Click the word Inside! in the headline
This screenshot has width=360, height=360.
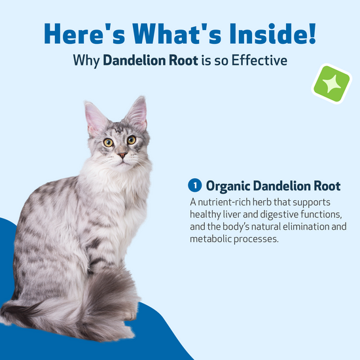tap(273, 33)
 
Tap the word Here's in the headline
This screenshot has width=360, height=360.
tap(84, 33)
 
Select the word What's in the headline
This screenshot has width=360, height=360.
tap(177, 33)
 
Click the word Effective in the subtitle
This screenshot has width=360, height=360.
tap(259, 60)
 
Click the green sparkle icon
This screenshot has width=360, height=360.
tap(332, 84)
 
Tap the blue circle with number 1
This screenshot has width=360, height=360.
tap(194, 185)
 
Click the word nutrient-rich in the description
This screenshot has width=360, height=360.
tap(224, 202)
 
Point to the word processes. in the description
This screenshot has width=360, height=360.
tap(256, 240)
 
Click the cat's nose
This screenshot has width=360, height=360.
tap(122, 155)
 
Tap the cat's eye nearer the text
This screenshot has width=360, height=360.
tap(132, 140)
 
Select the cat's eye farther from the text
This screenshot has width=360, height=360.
tap(108, 143)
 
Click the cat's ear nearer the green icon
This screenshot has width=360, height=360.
tap(137, 113)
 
